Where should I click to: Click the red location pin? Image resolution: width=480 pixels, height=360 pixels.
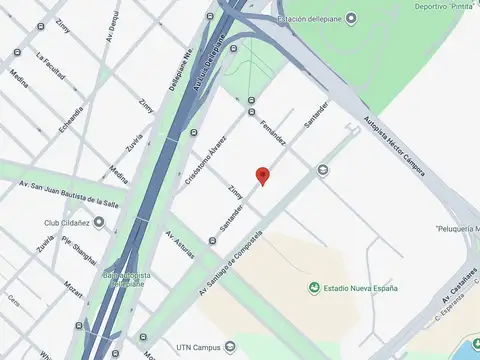coord(263,175)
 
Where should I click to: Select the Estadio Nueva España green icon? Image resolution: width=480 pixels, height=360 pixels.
coord(314,289)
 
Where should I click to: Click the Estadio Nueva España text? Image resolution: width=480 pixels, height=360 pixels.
coord(360,289)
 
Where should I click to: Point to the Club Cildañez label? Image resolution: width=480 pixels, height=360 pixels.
coord(67,222)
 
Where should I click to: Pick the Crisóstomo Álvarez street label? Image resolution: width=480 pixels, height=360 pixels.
coord(204,159)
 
